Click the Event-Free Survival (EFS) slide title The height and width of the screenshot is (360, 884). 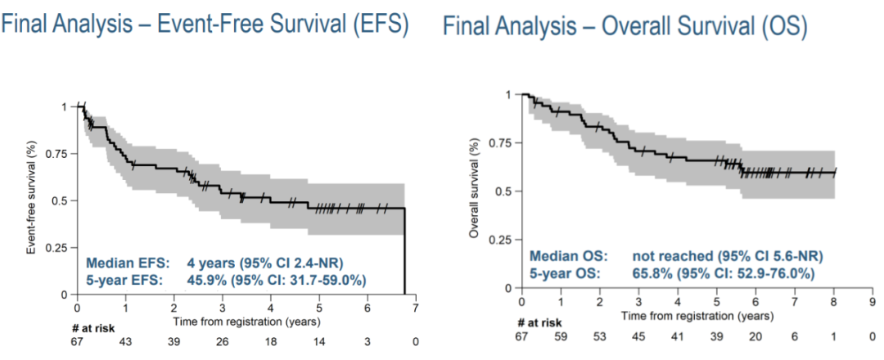click(205, 24)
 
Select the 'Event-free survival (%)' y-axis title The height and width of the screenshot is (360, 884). click(32, 200)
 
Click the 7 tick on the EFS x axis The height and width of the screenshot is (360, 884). click(416, 308)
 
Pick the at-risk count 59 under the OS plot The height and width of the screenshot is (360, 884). click(562, 335)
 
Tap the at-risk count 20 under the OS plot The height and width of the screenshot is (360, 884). click(755, 335)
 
